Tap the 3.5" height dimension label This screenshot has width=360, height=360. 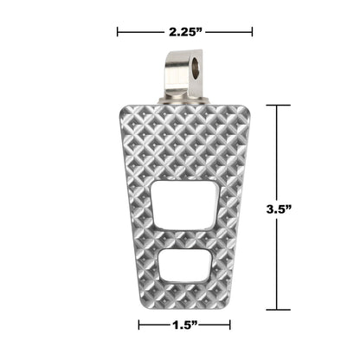point(277,209)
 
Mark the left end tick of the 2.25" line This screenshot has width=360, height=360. point(118,33)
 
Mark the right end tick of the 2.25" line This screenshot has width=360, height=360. point(252,33)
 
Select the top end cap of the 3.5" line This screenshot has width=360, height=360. point(277,106)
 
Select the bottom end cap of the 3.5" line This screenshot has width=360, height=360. point(277,309)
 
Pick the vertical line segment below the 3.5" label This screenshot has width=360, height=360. point(277,264)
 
